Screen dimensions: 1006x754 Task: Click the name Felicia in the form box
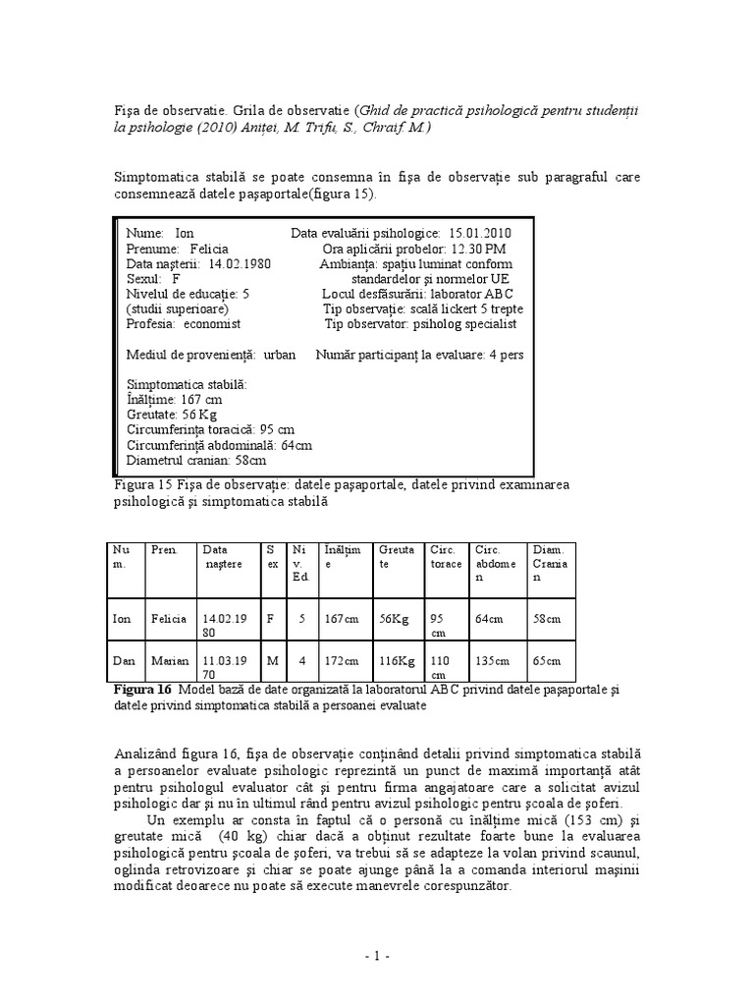(x=209, y=250)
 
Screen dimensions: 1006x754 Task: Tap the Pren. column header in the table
(x=164, y=550)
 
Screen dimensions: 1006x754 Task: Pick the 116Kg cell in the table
(x=395, y=660)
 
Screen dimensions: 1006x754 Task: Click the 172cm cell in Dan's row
(x=340, y=660)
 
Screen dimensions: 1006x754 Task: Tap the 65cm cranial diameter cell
(x=547, y=660)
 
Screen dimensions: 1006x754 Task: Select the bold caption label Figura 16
(x=142, y=691)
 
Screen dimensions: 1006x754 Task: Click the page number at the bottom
(x=376, y=955)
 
